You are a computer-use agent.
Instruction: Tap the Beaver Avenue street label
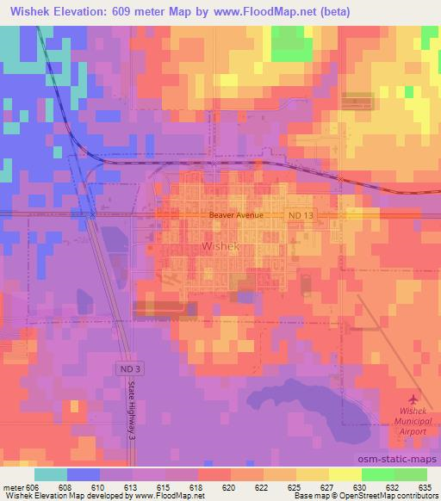(x=233, y=216)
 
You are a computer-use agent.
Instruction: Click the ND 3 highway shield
(x=126, y=368)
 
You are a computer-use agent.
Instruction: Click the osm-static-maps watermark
(x=403, y=461)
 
